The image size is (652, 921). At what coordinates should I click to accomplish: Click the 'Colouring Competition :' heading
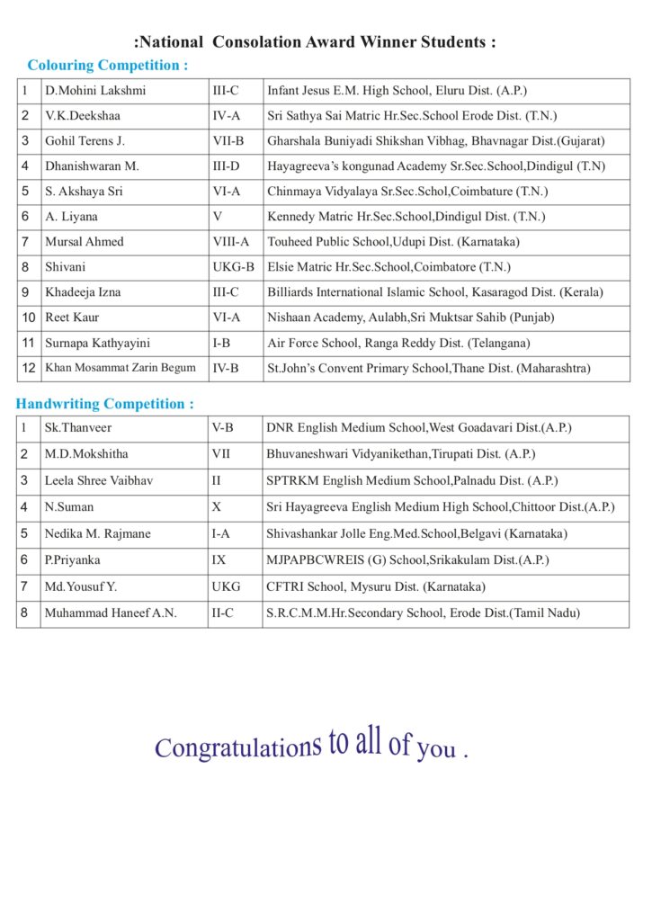click(108, 66)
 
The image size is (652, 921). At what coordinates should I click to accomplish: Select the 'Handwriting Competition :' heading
click(104, 404)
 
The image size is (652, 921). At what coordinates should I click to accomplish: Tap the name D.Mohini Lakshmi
click(95, 91)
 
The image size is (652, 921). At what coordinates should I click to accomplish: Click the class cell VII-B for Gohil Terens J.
click(228, 141)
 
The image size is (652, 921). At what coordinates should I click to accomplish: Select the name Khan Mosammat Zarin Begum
click(120, 368)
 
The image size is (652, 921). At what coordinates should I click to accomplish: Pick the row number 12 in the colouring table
click(29, 368)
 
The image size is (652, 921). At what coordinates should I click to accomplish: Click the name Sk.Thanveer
click(78, 428)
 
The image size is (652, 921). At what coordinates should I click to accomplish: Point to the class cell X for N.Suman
click(217, 507)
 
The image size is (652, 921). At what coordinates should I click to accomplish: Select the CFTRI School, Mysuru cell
click(376, 586)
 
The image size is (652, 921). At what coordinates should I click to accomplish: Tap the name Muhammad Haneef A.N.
click(111, 613)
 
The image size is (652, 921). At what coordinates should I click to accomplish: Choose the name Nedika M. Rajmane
click(98, 533)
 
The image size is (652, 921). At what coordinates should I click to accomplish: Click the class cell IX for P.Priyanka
click(219, 560)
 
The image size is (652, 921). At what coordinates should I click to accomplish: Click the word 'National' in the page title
click(171, 41)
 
